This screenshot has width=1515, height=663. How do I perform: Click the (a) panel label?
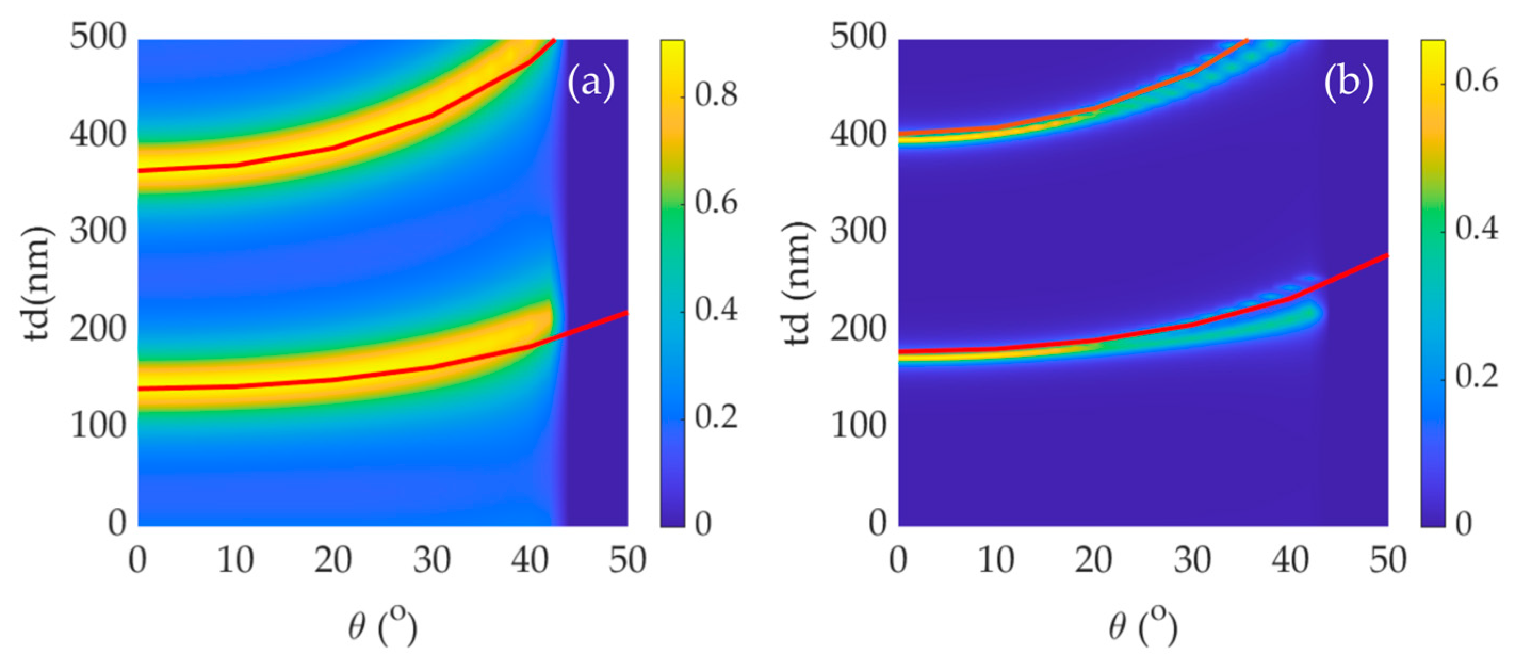(590, 83)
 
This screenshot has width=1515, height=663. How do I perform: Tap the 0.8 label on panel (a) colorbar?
(716, 95)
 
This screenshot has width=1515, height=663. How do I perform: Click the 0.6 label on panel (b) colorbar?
(1477, 80)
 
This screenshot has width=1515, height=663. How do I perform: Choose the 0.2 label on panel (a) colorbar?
(716, 417)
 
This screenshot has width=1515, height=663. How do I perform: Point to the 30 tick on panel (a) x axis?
(431, 560)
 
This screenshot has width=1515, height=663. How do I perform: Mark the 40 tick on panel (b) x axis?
(1290, 560)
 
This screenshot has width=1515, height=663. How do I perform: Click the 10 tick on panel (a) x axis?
(235, 560)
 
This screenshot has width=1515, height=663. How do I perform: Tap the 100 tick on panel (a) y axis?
(98, 425)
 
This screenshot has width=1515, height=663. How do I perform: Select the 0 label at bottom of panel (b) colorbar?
(1464, 523)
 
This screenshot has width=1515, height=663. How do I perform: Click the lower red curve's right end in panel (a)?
(626, 312)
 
